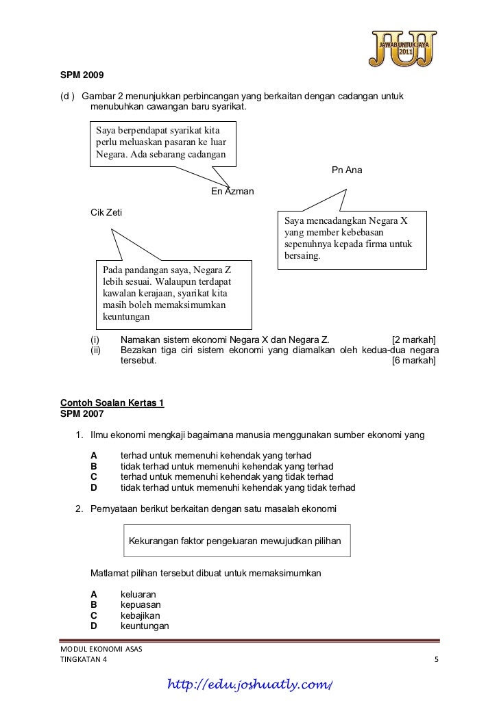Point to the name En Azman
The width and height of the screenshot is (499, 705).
tap(232, 192)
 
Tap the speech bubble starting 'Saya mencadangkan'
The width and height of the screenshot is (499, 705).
tap(350, 239)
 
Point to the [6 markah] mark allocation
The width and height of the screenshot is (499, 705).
tap(414, 361)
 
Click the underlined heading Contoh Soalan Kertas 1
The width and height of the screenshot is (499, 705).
tap(112, 403)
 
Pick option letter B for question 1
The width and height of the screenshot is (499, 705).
tap(94, 466)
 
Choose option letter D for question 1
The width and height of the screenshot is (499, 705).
tap(94, 488)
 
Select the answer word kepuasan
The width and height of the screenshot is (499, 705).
tap(141, 604)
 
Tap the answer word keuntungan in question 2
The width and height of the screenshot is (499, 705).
tap(145, 626)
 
